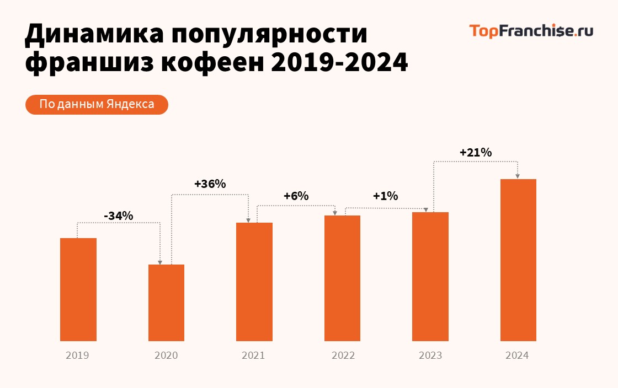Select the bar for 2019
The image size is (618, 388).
point(78,289)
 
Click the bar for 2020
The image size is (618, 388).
point(166,303)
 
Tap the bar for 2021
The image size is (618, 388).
point(254,282)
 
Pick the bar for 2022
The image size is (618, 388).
point(342,278)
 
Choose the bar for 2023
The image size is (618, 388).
point(430,276)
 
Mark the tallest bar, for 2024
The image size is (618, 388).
point(518,260)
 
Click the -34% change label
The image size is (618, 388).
point(119,215)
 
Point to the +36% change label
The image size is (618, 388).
point(210,184)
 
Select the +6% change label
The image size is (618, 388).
point(296,196)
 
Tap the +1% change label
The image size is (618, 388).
point(386,196)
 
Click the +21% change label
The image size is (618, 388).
point(476,153)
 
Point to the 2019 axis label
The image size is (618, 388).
point(77,355)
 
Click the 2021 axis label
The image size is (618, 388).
point(253,355)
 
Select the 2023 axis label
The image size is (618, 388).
point(430,355)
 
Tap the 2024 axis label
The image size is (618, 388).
point(517,355)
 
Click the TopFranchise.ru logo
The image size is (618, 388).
point(531,31)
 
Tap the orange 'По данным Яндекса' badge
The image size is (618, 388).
point(97,104)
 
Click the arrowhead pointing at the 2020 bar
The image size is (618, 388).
point(160,262)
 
